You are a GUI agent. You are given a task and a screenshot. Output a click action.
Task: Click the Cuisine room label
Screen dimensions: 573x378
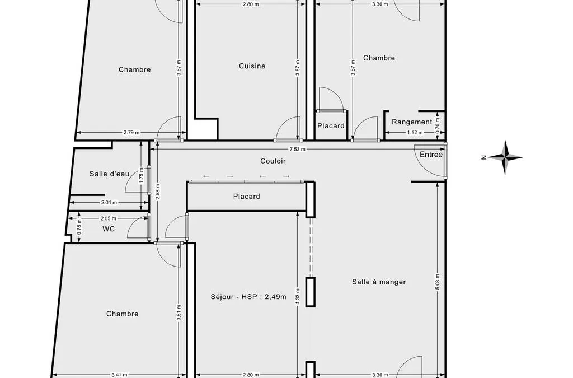(252, 66)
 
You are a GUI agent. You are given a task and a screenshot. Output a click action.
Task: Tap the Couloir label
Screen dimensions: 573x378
(273, 161)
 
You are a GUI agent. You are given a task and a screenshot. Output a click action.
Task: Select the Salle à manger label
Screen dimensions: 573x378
(379, 282)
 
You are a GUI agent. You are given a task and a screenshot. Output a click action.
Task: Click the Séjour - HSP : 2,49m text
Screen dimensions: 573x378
(248, 297)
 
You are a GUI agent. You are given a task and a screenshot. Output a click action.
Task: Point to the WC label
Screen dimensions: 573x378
(109, 229)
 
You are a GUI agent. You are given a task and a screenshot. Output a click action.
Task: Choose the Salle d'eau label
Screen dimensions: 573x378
(109, 174)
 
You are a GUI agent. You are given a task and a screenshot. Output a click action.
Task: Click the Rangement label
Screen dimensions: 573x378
(412, 122)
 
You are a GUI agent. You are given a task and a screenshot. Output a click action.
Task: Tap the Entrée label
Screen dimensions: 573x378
(431, 155)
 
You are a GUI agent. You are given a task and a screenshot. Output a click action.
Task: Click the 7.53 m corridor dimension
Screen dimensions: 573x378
(298, 149)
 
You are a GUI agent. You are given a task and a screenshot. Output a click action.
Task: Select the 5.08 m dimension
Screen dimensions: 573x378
(438, 282)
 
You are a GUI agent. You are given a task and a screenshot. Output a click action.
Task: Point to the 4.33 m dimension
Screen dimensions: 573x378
(298, 297)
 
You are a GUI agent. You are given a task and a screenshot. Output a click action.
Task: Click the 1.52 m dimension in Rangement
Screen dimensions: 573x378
(415, 133)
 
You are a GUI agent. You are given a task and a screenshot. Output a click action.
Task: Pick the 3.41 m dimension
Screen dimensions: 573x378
(119, 375)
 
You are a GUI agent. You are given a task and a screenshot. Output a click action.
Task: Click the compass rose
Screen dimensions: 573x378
(505, 157)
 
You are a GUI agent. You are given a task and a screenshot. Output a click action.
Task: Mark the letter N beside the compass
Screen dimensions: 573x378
(483, 157)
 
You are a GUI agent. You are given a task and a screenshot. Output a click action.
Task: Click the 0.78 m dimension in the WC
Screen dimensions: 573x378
(79, 229)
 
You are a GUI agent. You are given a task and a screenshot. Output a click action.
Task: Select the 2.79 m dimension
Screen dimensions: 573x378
(131, 133)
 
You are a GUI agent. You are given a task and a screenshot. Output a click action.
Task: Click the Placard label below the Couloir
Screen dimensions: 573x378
(247, 197)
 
